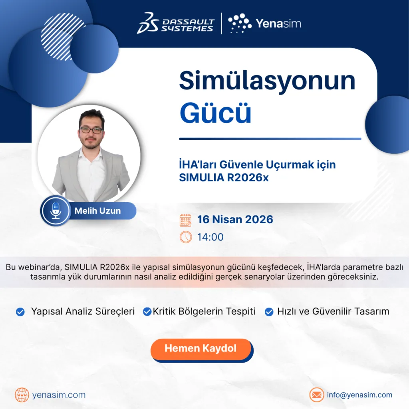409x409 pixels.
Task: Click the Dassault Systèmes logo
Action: [176, 23]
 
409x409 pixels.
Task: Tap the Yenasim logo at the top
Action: [264, 23]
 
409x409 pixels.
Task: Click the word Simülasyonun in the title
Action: [267, 81]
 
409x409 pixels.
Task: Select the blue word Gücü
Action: [215, 113]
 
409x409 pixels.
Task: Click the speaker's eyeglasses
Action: [91, 130]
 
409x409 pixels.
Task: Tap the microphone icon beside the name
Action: [56, 211]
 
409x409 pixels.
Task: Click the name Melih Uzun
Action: [97, 211]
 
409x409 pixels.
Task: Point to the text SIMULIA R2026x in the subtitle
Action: [224, 178]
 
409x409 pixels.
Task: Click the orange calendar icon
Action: [185, 220]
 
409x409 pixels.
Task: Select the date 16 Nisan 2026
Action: [235, 219]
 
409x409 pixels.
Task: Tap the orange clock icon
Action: [186, 237]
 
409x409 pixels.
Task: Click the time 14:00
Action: [210, 237]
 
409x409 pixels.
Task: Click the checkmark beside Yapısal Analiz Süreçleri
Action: [20, 312]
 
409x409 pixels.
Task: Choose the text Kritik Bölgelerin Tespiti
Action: [204, 312]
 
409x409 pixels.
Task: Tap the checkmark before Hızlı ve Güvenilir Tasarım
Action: [269, 312]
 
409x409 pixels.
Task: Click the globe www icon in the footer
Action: [22, 395]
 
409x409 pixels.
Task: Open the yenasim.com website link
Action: [59, 395]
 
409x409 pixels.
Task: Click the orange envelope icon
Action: [317, 395]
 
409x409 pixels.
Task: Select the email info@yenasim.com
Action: [360, 395]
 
